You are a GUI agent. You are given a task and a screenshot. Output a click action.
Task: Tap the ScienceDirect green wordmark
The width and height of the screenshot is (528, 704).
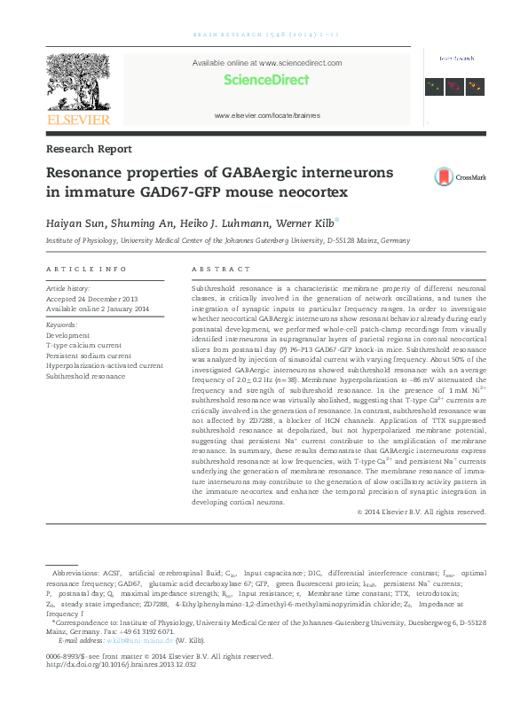(x=266, y=80)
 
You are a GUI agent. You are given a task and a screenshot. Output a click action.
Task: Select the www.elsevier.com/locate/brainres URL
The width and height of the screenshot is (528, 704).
(x=266, y=116)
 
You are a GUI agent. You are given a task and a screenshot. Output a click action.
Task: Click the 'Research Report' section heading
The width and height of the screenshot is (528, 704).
(x=89, y=149)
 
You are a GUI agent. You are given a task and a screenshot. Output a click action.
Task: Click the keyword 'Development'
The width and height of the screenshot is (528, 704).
(x=67, y=336)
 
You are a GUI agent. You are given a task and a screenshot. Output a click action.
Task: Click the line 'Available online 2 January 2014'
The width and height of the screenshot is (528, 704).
(x=98, y=309)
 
